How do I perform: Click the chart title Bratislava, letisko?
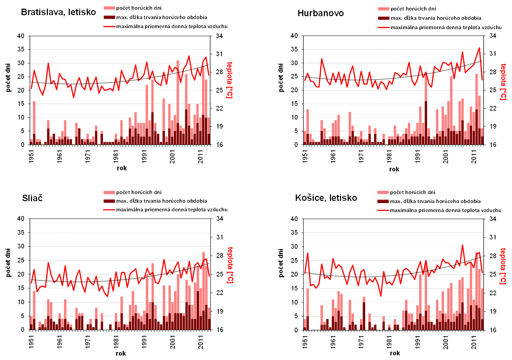(58, 12)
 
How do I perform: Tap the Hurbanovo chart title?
(321, 13)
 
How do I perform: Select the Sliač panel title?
(32, 198)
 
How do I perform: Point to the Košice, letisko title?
(326, 198)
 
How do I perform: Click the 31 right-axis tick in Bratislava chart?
(219, 54)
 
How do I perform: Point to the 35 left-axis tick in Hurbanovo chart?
(294, 49)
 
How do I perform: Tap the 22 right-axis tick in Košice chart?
(493, 293)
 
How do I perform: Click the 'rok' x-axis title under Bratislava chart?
(122, 168)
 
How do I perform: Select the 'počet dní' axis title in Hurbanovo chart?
(281, 77)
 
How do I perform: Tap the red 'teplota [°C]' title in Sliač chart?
(230, 265)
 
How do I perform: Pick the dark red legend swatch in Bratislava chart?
(109, 17)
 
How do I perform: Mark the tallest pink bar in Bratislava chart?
(178, 90)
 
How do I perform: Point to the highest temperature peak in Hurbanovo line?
(479, 48)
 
